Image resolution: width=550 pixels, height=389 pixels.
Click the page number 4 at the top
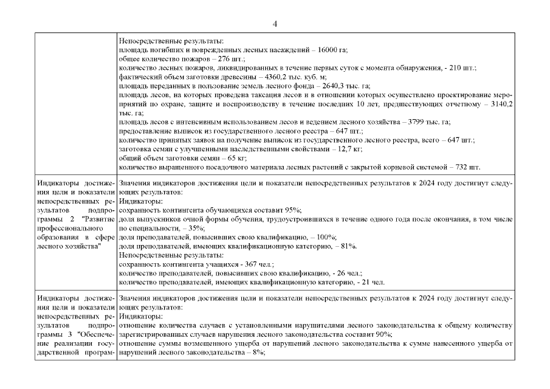coord(275,23)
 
